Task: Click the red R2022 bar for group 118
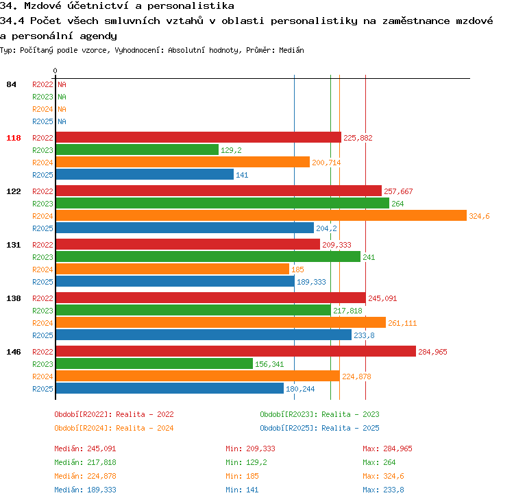199,137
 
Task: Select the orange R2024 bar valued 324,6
261,215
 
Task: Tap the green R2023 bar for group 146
154,363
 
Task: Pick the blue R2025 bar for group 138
204,335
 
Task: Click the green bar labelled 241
208,256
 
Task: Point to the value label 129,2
231,150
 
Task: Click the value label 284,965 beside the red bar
432,352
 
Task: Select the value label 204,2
326,228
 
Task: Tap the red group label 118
14,138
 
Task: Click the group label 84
11,84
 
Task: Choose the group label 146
14,352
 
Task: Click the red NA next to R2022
62,84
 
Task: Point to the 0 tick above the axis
55,71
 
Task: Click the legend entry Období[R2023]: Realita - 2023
319,414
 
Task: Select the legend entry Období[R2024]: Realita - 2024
114,428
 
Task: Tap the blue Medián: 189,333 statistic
85,490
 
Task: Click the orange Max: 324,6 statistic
384,476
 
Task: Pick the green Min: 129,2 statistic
246,462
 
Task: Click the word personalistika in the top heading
191,6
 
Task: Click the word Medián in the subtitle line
291,50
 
